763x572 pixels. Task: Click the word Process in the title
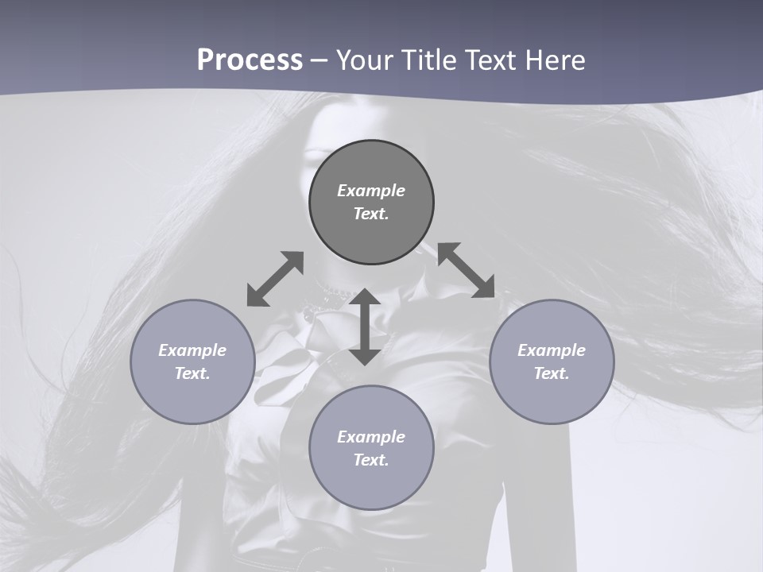tap(250, 60)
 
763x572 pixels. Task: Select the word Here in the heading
tap(555, 60)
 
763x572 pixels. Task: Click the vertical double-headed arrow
tap(365, 327)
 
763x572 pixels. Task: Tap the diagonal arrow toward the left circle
tap(275, 279)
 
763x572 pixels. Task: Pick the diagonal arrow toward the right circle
tap(466, 270)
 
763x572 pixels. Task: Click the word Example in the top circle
tap(371, 191)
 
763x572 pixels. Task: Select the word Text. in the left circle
tap(192, 373)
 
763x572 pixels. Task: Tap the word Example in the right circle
tap(552, 350)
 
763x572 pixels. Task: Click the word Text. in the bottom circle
tap(371, 460)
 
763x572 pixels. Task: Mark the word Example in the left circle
tap(192, 350)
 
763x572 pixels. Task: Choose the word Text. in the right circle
tap(552, 373)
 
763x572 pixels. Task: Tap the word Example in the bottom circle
tap(371, 437)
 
